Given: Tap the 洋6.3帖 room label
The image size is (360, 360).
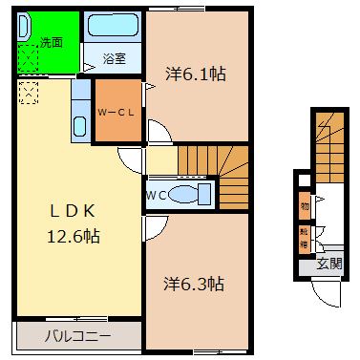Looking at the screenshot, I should click(193, 284).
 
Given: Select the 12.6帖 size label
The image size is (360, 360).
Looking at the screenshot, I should click(74, 235).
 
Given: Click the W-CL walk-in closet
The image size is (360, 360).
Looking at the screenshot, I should click(116, 111).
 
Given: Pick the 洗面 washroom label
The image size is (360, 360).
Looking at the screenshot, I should click(51, 42).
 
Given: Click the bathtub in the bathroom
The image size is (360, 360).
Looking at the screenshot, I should click(112, 29).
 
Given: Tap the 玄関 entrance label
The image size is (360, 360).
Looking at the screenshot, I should click(329, 263).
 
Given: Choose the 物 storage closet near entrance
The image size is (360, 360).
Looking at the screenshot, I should click(305, 204).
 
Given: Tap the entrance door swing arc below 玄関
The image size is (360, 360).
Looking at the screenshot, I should click(328, 292).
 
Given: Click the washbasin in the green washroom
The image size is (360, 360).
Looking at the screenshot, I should click(26, 27).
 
